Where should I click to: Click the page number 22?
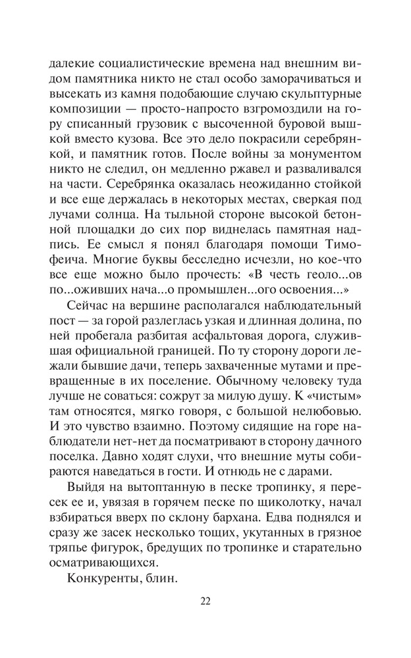click(205, 600)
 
